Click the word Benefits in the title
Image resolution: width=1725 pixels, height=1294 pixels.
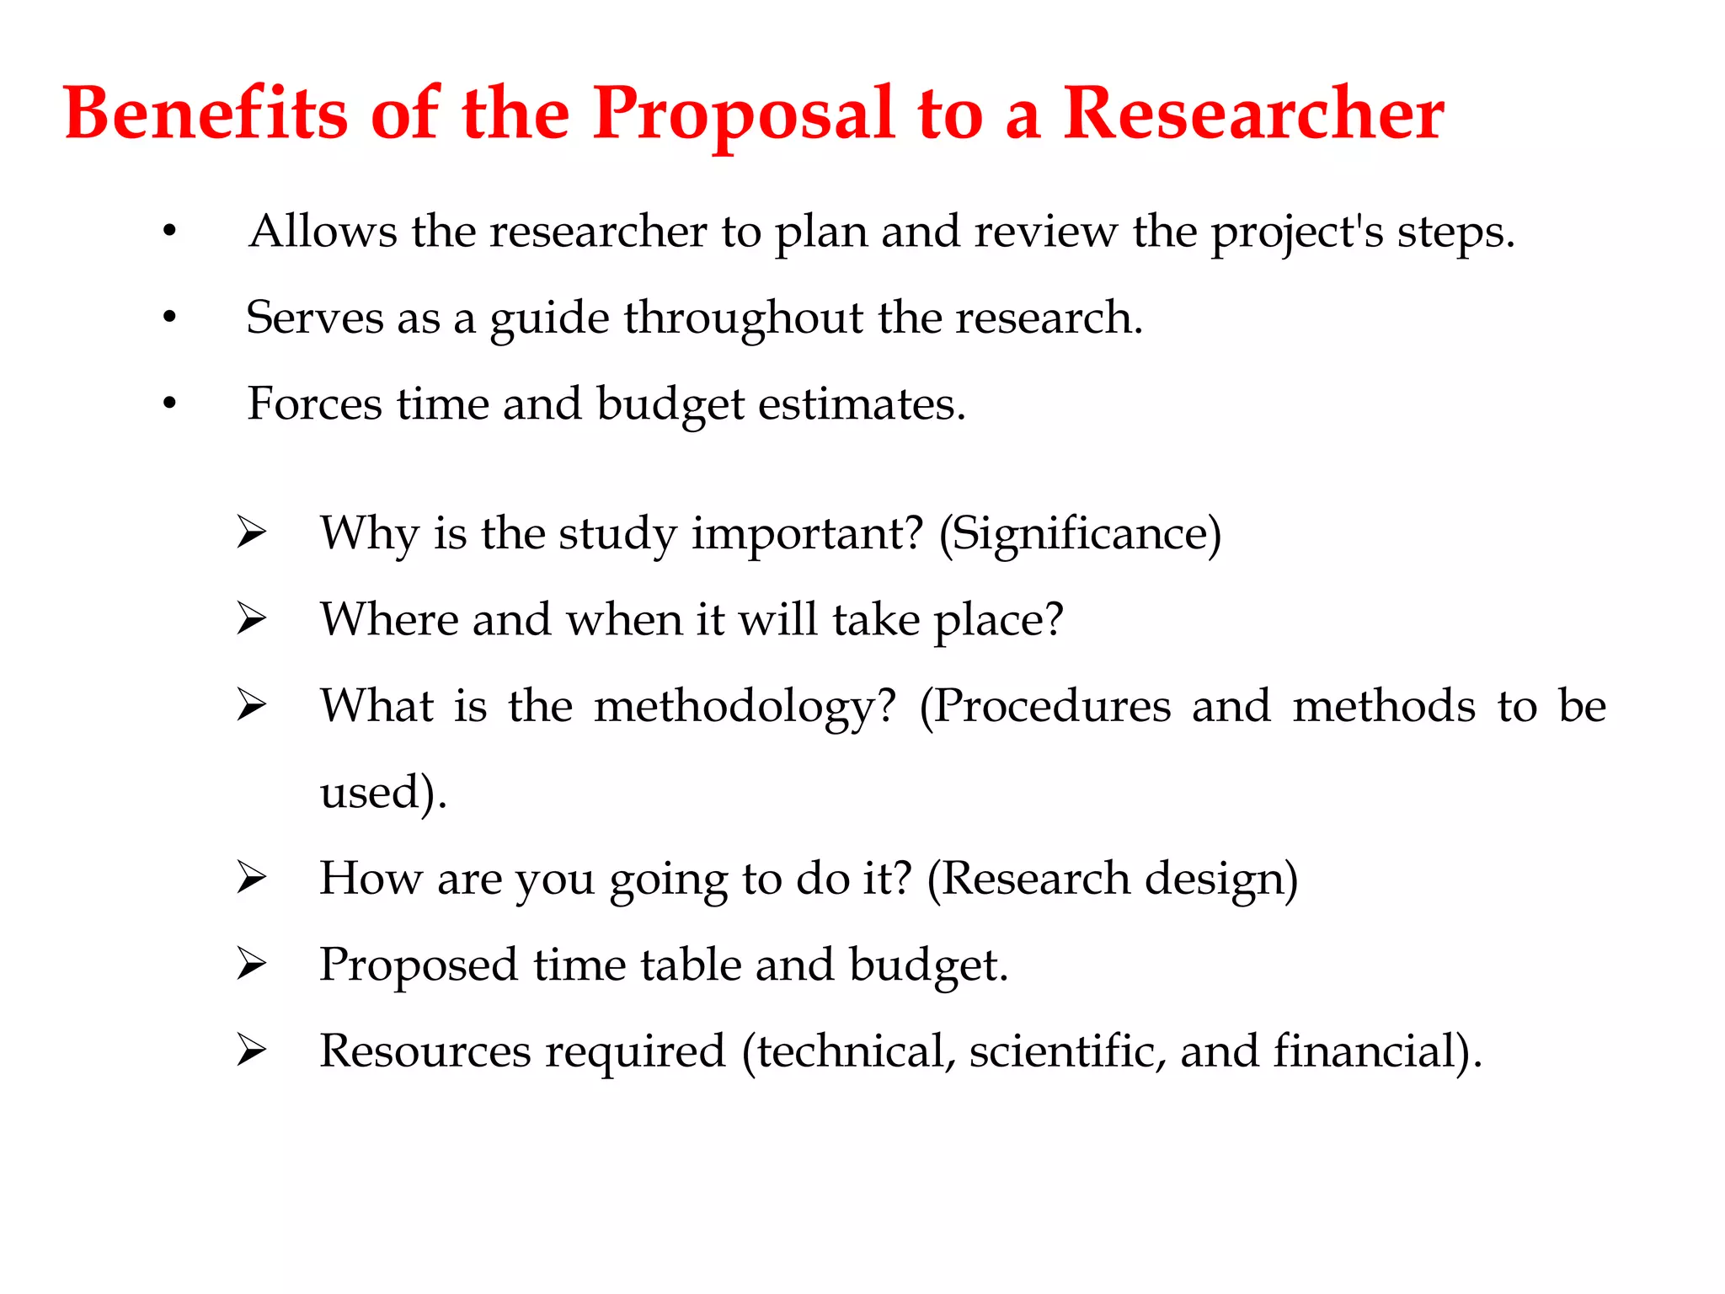[206, 114]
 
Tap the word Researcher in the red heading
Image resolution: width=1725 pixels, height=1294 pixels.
[1253, 114]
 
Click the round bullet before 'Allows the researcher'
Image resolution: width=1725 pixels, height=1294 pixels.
[170, 231]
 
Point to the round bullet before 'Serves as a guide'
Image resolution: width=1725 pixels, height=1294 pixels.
[170, 318]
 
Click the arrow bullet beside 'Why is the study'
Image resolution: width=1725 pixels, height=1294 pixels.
[251, 532]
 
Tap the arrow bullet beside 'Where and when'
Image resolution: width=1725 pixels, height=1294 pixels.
[251, 619]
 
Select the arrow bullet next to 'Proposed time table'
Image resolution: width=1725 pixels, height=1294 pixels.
[251, 964]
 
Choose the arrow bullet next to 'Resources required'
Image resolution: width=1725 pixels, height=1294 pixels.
[251, 1051]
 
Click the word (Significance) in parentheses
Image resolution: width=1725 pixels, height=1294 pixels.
[1080, 534]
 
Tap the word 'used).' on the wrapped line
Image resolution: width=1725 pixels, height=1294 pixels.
[383, 793]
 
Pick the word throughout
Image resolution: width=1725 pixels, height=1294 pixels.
[743, 318]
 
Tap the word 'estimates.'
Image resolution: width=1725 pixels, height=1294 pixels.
[862, 404]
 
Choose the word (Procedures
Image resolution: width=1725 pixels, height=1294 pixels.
[1044, 707]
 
